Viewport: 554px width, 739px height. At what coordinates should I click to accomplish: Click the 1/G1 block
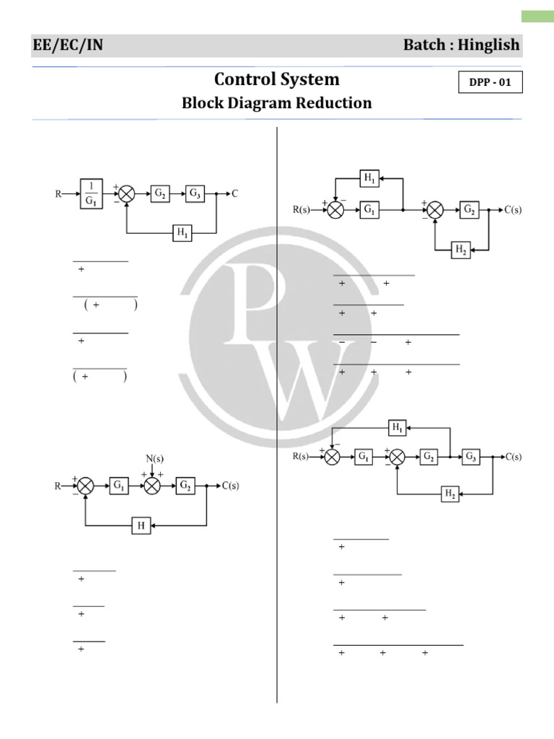pos(90,193)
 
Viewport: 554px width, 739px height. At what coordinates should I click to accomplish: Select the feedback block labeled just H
pos(141,526)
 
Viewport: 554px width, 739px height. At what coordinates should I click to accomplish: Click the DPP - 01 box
pos(490,82)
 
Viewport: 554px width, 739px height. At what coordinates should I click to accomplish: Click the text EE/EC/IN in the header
pos(68,45)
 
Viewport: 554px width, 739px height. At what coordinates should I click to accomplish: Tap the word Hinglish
pos(492,45)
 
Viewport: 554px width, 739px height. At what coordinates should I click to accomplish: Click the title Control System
pos(277,79)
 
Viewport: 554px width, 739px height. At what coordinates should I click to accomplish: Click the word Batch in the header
pos(426,45)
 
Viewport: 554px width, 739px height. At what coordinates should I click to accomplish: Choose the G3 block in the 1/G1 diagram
pos(195,193)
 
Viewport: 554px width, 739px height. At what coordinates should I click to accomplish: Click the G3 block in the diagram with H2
pos(470,456)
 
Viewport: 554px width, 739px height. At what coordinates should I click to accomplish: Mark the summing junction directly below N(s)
pos(151,486)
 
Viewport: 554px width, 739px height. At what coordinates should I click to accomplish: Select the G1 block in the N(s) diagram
pos(118,486)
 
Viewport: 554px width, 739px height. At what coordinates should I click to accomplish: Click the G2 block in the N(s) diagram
pos(185,486)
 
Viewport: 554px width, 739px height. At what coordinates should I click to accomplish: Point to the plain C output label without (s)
pos(235,193)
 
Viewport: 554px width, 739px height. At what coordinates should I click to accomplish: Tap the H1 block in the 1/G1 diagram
pos(182,232)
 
